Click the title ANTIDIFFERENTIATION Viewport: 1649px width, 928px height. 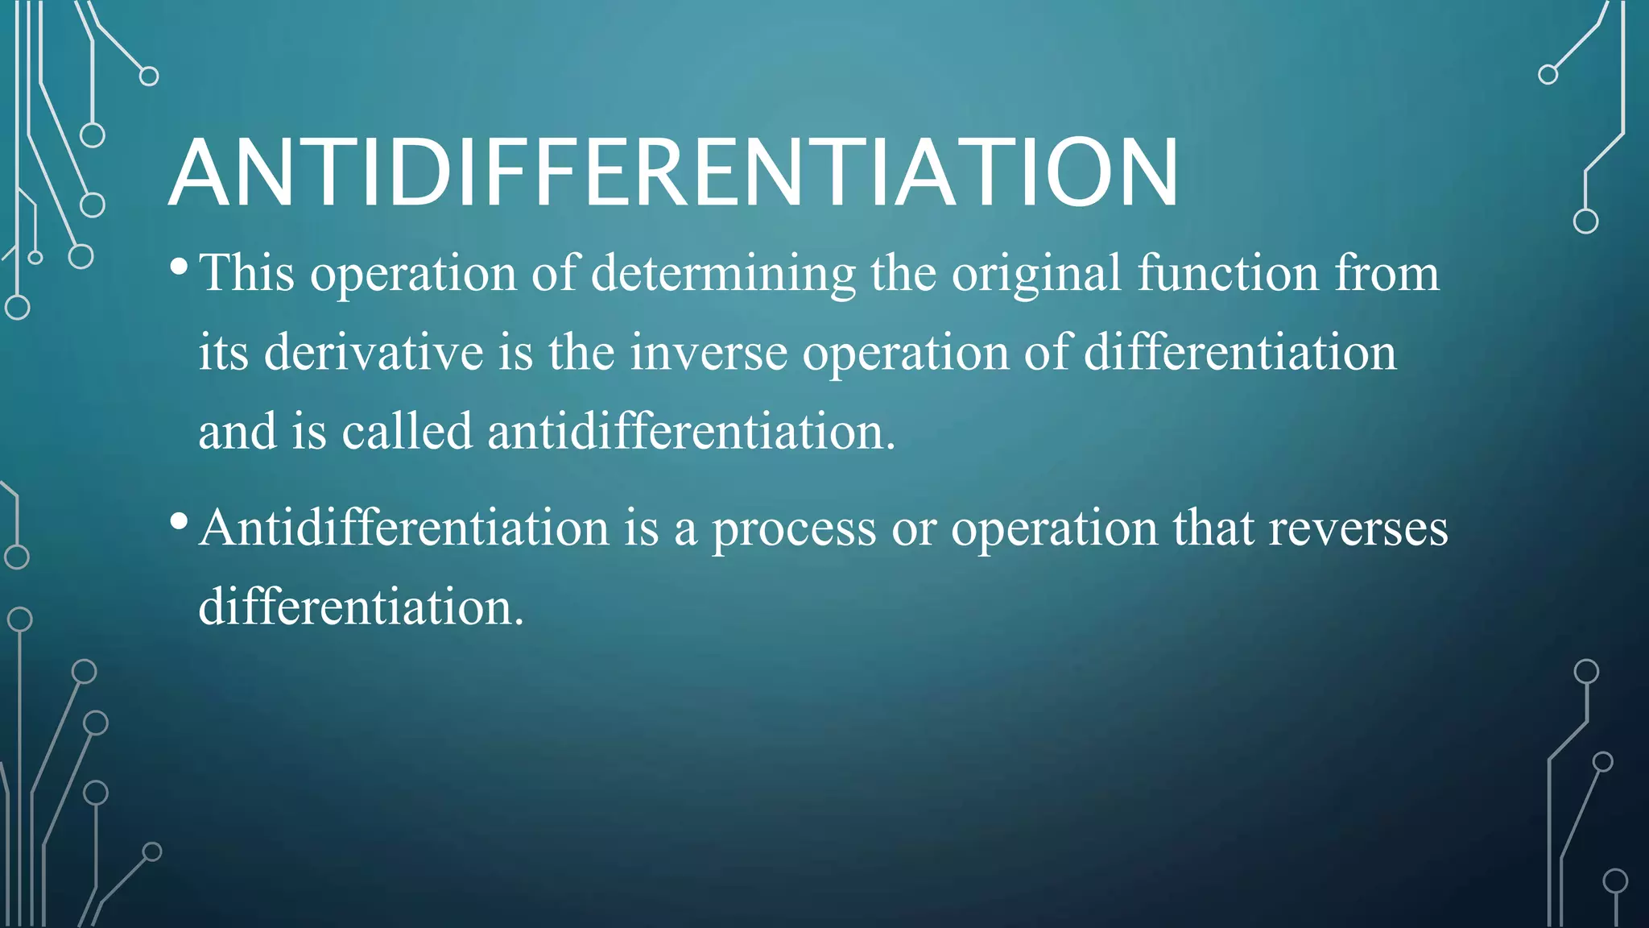pyautogui.click(x=673, y=173)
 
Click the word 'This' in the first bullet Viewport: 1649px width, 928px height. pyautogui.click(x=247, y=273)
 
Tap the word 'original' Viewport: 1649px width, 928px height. pyautogui.click(x=1036, y=273)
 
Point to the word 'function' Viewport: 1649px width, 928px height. pyautogui.click(x=1228, y=273)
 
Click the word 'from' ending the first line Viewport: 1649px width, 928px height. pyautogui.click(x=1387, y=273)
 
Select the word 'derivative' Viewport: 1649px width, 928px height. pyautogui.click(x=374, y=352)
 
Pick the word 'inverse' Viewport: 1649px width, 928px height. pyautogui.click(x=709, y=352)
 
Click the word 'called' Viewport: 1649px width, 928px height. pyautogui.click(x=407, y=431)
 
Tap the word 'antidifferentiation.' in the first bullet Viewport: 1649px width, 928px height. pyautogui.click(x=692, y=431)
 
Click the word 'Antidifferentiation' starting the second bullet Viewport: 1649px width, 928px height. pyautogui.click(x=404, y=528)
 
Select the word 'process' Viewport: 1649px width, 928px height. pyautogui.click(x=794, y=530)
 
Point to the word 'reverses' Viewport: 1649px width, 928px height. pyautogui.click(x=1358, y=528)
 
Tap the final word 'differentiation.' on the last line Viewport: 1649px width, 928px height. pyautogui.click(x=362, y=607)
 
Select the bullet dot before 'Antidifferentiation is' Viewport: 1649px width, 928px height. pyautogui.click(x=180, y=521)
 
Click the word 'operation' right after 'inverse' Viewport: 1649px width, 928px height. pyautogui.click(x=906, y=354)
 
